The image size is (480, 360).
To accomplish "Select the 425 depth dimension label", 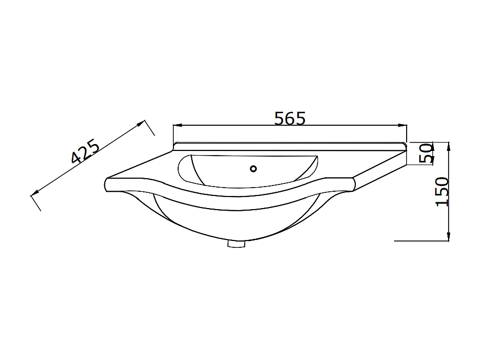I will (85, 152).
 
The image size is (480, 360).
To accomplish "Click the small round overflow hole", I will (254, 169).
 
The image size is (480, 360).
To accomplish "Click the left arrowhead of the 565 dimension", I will (176, 126).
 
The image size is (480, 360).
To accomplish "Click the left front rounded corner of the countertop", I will (108, 184).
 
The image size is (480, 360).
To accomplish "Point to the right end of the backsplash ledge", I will (405, 146).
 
